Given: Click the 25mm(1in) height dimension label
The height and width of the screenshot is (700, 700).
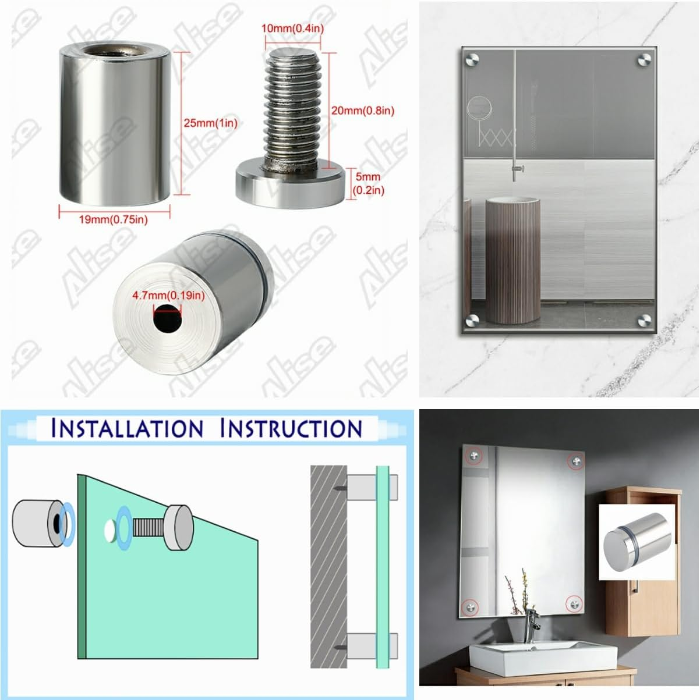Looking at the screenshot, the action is click(210, 123).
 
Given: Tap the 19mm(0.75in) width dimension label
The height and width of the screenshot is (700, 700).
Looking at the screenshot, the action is click(114, 219).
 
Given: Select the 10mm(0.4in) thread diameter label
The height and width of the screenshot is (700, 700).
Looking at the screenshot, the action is click(293, 29).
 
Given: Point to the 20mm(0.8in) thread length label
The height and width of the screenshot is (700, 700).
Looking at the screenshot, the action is click(363, 111).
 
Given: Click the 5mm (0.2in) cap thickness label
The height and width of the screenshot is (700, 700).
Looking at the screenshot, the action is click(368, 183).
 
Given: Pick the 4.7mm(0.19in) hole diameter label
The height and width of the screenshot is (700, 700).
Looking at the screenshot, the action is click(168, 296).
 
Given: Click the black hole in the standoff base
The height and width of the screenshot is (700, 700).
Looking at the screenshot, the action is click(167, 318).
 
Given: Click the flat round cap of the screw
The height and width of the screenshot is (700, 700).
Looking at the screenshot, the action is click(290, 186).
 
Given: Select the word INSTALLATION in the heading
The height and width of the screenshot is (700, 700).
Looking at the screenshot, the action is click(127, 428).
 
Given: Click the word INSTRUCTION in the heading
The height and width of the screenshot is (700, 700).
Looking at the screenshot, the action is click(291, 428).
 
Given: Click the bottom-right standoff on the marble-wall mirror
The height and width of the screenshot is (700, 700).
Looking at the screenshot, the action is click(644, 320).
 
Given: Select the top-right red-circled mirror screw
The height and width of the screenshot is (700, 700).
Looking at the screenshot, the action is click(577, 461).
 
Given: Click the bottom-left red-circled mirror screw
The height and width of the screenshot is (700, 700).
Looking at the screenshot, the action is click(470, 607).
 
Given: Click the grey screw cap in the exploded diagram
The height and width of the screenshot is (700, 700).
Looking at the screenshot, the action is click(179, 527).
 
